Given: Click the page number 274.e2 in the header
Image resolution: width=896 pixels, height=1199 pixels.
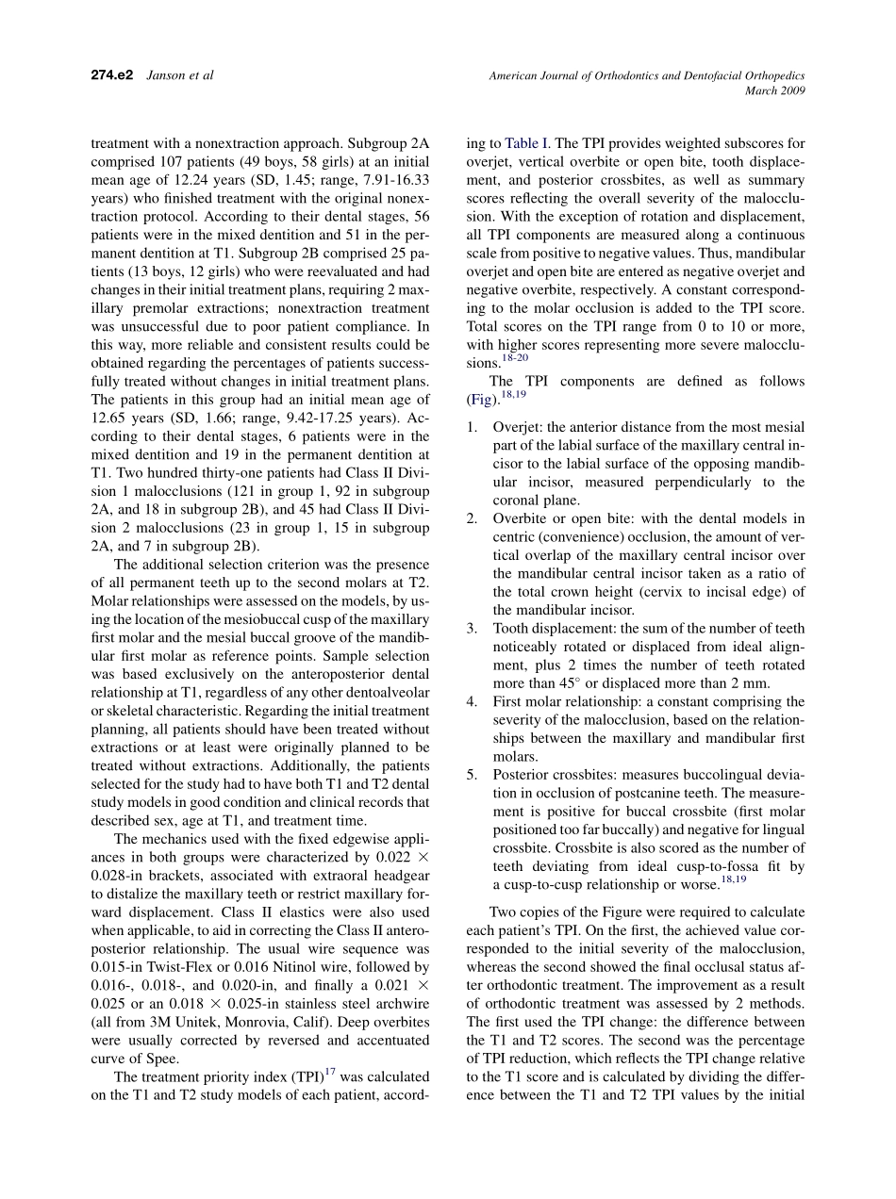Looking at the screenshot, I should click(111, 74).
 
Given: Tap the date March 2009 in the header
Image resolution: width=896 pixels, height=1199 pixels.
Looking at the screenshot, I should click(774, 90).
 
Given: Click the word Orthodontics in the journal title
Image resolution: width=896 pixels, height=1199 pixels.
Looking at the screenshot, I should click(631, 74).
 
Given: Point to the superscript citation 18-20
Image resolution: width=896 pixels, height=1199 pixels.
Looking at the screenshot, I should click(515, 358).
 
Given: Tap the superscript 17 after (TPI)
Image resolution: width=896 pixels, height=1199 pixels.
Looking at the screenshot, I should click(330, 1072).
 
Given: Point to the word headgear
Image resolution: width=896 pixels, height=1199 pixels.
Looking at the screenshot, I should click(405, 895).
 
